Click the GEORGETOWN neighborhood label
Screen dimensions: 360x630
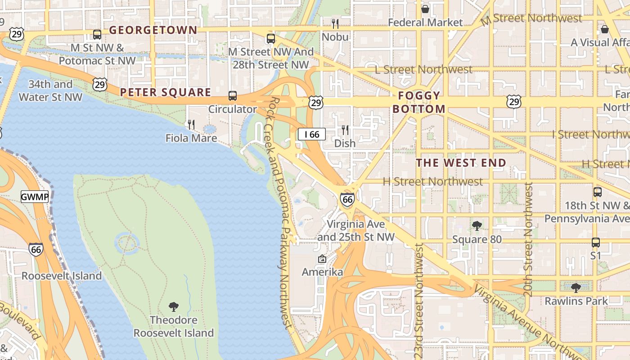coord(153,30)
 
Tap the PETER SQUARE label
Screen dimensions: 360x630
coord(165,93)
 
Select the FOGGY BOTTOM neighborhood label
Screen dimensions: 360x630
coord(419,102)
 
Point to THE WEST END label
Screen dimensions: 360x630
coord(461,163)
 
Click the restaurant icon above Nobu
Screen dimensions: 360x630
coord(335,23)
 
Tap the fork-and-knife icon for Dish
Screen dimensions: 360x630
coord(345,130)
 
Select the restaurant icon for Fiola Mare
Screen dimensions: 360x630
coord(191,125)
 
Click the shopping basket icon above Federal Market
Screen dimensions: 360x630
coord(425,9)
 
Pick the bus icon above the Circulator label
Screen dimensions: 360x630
coord(233,95)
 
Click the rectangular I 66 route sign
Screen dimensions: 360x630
coord(311,134)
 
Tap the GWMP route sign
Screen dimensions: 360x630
coord(35,197)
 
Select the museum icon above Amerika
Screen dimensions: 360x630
coord(322,259)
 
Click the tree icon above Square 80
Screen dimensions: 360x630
coord(477,225)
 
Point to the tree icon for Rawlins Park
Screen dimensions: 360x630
coord(576,288)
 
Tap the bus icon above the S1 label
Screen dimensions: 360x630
coord(596,242)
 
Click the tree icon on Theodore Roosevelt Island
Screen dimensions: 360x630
coord(173,307)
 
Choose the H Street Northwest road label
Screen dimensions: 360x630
coord(432,182)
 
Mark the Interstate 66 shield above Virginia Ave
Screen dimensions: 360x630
coord(347,199)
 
